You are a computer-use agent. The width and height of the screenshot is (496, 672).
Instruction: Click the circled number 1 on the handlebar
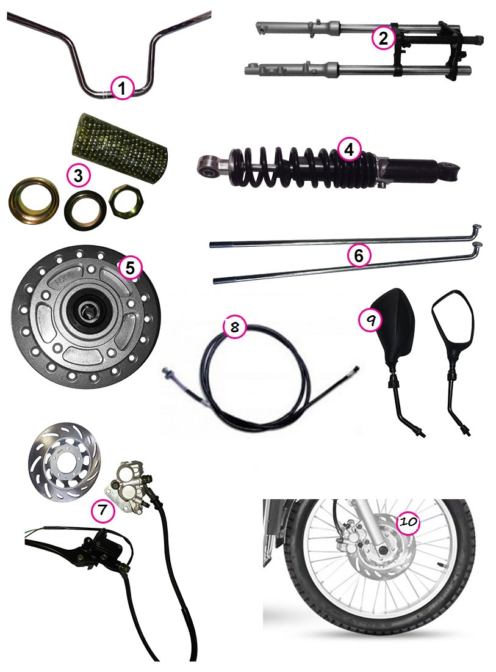point(122,89)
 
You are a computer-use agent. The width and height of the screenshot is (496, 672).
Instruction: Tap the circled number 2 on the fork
point(383,38)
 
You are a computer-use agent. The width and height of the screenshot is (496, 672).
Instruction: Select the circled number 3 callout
point(78,175)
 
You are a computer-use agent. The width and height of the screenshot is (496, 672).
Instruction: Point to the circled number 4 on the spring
point(349,150)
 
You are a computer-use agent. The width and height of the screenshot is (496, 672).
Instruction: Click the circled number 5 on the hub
point(130,268)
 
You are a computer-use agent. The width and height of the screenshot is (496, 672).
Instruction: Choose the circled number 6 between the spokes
point(359,256)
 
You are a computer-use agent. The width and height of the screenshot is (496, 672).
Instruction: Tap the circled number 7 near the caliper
point(102,509)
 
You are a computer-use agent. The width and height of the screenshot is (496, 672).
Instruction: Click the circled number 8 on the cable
point(234,327)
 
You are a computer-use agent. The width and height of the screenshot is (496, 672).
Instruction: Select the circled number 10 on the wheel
point(408,522)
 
